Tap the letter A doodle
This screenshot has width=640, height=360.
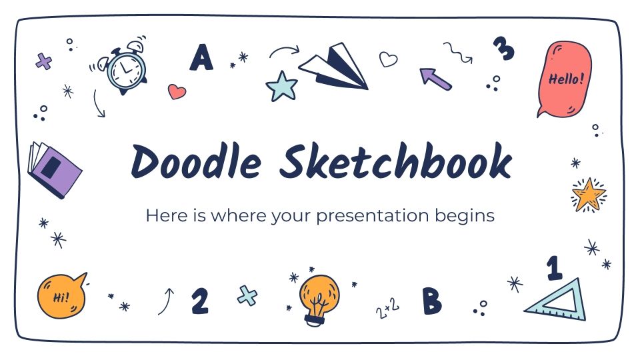(x=201, y=58)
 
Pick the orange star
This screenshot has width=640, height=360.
(x=588, y=194)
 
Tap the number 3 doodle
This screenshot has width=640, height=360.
(x=504, y=48)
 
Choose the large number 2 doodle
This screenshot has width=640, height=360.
(x=199, y=300)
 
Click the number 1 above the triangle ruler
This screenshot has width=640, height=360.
(x=553, y=268)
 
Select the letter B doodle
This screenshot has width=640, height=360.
(x=431, y=301)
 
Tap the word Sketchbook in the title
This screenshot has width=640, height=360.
(x=395, y=162)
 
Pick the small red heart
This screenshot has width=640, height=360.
(x=177, y=92)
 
